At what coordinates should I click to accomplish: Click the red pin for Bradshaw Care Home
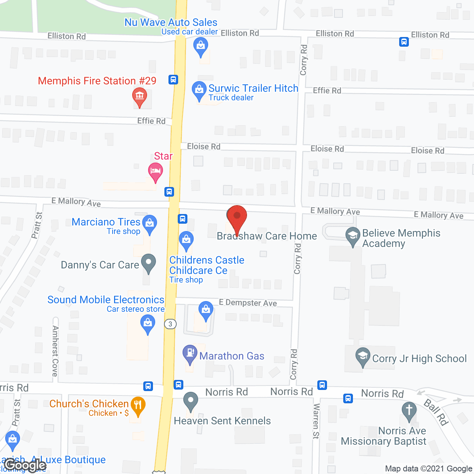[237, 217]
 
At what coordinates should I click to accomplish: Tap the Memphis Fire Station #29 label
[97, 81]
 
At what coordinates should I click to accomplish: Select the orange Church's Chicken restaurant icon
[137, 405]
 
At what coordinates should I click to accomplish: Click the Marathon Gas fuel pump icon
[190, 353]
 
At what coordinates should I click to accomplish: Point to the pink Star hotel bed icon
[156, 171]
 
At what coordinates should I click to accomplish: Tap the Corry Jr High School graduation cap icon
[363, 356]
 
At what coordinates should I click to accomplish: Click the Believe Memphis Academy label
[401, 238]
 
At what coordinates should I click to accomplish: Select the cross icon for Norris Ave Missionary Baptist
[409, 410]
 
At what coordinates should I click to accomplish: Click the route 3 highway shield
[170, 324]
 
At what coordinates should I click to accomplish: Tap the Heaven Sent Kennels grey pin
[191, 401]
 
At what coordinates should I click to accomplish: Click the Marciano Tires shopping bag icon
[150, 223]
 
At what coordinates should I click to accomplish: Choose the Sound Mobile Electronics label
[106, 300]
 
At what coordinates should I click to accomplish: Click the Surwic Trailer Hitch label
[253, 88]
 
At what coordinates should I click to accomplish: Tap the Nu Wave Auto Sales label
[171, 22]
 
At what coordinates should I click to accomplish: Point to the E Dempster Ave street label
[248, 303]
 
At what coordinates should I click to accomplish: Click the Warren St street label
[316, 421]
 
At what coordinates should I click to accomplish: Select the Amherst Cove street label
[56, 351]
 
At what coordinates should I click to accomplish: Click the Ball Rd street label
[436, 412]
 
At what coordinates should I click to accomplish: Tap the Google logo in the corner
[25, 465]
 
